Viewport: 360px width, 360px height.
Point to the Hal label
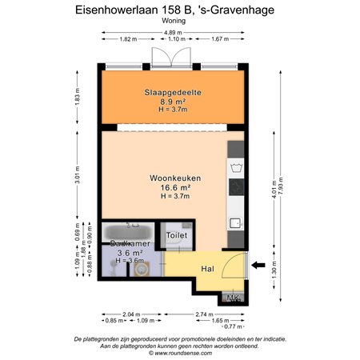[x=207, y=270]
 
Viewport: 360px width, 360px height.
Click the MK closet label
[x=234, y=298]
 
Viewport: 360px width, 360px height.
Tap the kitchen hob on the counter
[x=235, y=187]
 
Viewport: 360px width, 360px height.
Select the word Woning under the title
[x=173, y=22]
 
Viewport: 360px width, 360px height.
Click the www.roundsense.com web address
[x=180, y=352]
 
